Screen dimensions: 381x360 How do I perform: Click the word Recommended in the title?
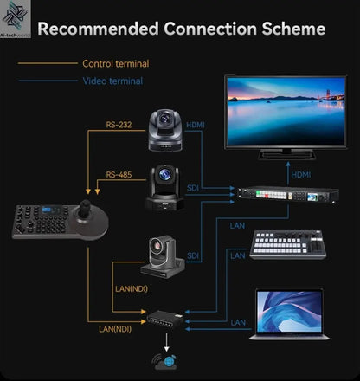click(x=92, y=29)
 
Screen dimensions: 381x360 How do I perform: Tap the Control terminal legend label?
click(x=115, y=63)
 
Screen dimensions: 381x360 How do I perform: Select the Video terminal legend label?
click(x=112, y=81)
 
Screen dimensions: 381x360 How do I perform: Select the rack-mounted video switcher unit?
click(x=284, y=197)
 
